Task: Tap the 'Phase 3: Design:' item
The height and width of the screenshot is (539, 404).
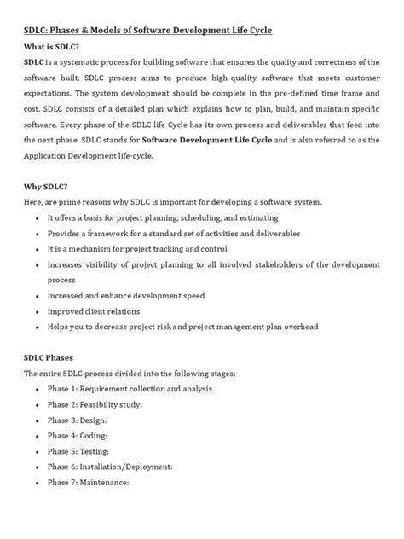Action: tap(77, 420)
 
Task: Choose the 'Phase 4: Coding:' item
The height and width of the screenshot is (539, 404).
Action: tap(77, 435)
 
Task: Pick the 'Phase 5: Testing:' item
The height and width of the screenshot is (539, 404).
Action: tap(78, 451)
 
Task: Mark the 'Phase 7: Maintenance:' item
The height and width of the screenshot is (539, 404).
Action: tap(88, 483)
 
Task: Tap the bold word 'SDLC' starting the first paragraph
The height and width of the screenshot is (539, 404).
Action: tap(35, 61)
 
